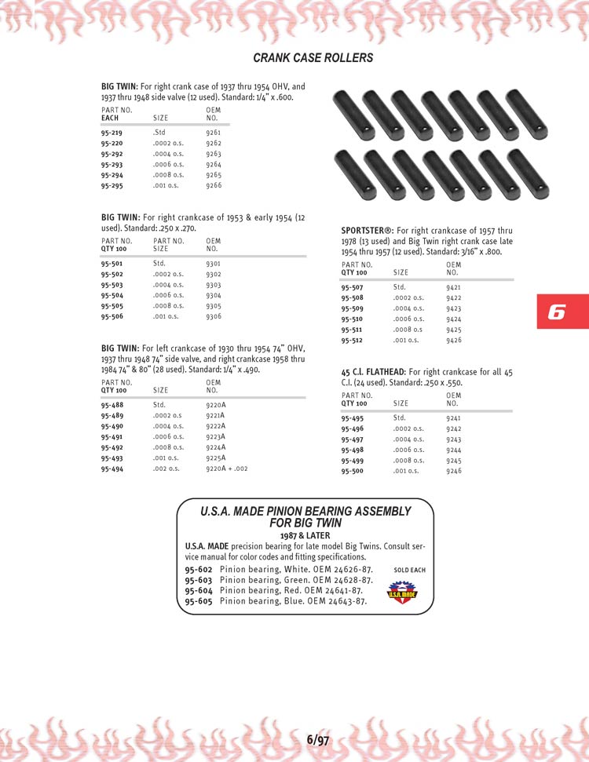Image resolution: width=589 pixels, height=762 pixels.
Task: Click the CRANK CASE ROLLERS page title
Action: (313, 58)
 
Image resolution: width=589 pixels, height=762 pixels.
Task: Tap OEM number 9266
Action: (213, 186)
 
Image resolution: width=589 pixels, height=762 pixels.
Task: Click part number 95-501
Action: (112, 264)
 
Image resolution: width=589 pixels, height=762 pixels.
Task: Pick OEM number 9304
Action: (213, 296)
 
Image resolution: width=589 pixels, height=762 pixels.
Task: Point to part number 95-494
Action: (112, 469)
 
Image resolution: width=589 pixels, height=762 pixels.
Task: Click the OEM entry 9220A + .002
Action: (226, 469)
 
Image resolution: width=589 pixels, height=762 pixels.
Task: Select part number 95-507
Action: (352, 288)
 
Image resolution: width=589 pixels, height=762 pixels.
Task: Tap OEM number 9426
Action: (453, 341)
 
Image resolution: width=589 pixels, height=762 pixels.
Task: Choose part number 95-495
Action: (352, 418)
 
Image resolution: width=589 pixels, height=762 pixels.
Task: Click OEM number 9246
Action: (453, 471)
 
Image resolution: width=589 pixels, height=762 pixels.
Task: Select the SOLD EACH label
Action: (409, 570)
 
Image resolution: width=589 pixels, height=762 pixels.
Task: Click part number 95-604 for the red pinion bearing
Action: (199, 590)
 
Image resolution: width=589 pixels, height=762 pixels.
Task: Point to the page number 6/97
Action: (318, 739)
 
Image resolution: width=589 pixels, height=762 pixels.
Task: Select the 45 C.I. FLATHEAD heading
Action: (372, 372)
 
